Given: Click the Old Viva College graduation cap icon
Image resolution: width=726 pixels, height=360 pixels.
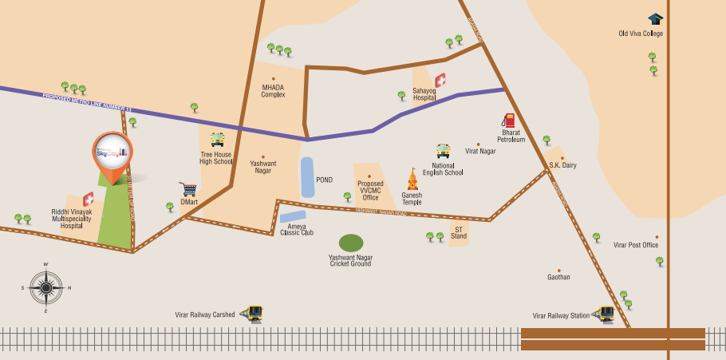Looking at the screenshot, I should point(655,19).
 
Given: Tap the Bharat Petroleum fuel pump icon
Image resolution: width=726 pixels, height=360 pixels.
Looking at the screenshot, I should point(508,121).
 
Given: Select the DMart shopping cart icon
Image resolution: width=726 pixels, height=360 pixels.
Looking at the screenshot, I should point(188,189).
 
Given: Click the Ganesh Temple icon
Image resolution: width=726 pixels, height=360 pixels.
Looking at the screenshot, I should point(412,180).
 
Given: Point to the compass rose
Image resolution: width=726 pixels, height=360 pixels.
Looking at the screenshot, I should point(46,287).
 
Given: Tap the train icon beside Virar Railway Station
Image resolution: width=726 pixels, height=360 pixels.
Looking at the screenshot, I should point(606,314).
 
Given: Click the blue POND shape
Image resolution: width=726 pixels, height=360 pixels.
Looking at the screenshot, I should point(307,177).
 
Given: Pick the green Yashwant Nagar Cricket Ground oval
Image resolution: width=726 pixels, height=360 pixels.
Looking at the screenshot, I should point(351,243).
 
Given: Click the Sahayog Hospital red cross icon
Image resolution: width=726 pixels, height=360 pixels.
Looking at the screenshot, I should point(440,81).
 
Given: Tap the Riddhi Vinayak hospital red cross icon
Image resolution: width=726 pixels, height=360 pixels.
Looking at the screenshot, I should point(88,200).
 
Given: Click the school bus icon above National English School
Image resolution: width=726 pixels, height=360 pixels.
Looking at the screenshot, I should point(443,151).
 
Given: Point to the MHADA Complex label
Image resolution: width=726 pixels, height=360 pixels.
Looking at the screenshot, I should point(273,91).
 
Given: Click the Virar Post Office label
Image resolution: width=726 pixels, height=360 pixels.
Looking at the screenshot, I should point(636,245).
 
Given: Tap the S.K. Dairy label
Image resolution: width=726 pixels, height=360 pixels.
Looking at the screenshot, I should point(562,165).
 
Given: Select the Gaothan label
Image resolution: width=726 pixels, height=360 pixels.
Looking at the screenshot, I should point(558,277).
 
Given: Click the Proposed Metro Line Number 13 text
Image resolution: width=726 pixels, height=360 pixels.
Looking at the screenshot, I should point(87,101).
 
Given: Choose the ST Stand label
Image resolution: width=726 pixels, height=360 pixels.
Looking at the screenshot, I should point(459,233).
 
